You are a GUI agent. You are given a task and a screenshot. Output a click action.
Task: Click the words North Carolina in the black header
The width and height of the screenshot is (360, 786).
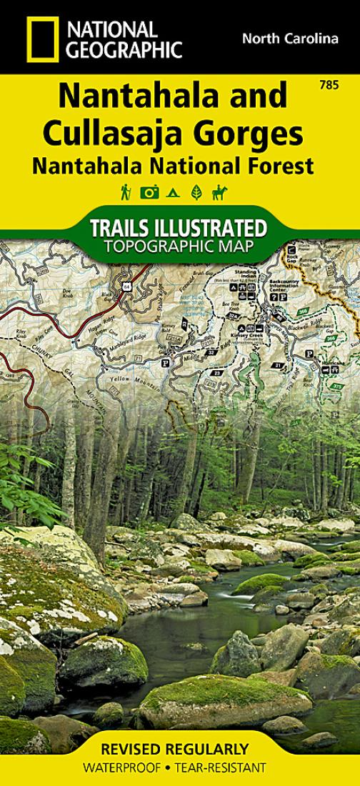click(x=289, y=39)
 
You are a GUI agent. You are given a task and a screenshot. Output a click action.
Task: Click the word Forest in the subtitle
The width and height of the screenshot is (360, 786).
click(x=283, y=166)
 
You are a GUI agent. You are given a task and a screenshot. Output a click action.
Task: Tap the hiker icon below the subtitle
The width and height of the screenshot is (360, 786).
click(x=126, y=191)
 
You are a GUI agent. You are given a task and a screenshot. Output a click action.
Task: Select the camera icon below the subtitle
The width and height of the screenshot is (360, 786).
click(x=149, y=191)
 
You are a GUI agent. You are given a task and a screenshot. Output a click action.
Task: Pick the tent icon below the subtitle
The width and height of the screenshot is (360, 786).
click(x=172, y=191)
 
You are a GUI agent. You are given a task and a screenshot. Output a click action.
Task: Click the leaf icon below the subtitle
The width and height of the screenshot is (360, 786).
click(x=196, y=191)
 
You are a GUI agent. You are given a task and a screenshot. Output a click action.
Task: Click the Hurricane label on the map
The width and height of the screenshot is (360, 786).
click(x=330, y=362)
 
